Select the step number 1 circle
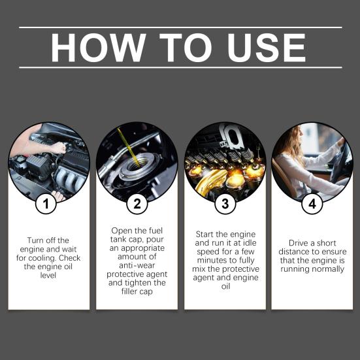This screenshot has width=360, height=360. point(46,204)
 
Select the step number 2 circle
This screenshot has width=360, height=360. point(136,204)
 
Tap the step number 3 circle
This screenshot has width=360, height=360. point(225,204)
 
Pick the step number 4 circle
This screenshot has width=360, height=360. point(312,204)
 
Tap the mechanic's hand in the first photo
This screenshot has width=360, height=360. point(59,148)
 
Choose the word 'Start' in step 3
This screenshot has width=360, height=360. point(208,233)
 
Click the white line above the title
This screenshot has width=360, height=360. point(180,27)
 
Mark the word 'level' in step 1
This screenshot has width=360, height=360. point(49,276)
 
